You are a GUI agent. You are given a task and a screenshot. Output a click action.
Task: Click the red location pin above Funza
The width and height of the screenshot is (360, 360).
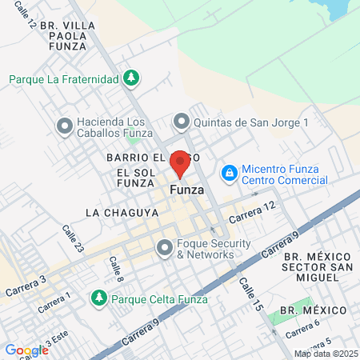(180, 164)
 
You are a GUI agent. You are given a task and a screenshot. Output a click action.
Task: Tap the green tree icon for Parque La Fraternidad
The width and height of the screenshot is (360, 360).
(132, 78)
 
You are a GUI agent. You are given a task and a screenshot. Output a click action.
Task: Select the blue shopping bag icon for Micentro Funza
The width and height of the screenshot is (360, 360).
(230, 173)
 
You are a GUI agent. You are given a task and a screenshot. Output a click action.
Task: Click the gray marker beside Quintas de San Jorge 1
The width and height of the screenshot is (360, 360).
(182, 122)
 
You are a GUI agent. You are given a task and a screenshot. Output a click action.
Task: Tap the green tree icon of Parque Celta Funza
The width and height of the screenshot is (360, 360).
(98, 298)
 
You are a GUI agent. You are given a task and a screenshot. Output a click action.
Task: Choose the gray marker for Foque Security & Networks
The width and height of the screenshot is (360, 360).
(165, 248)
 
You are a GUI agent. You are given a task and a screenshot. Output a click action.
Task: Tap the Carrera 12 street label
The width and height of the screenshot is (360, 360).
(251, 213)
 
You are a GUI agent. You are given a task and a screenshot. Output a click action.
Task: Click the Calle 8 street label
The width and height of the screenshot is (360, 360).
(117, 267)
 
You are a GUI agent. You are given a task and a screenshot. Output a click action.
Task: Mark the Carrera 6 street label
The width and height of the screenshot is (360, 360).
(302, 328)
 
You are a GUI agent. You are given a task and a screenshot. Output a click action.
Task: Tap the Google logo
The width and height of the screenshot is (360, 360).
(26, 350)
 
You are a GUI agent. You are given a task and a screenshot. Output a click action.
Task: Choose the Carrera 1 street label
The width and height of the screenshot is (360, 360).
(57, 299)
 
